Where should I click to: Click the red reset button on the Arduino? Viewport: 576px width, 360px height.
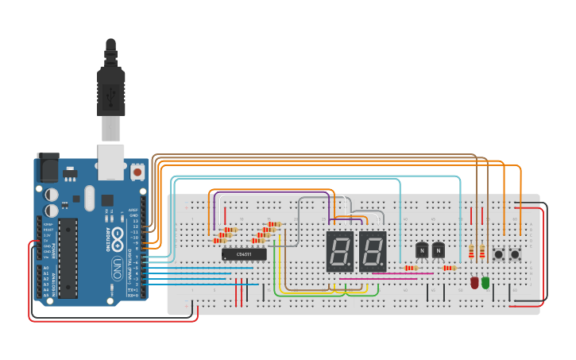tap(137, 171)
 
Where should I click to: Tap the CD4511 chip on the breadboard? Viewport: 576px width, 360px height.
tap(244, 254)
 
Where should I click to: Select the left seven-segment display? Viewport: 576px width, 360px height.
tap(339, 252)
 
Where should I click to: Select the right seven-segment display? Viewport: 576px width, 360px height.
tap(373, 252)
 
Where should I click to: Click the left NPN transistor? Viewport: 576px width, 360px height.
tap(420, 250)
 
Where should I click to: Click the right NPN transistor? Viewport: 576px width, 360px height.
tap(438, 250)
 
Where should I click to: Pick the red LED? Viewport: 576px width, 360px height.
tap(474, 282)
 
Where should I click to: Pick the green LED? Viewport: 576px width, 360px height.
tap(485, 282)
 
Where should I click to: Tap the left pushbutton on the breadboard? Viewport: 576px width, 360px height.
tap(499, 254)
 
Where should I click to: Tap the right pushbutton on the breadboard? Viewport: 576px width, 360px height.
tap(516, 254)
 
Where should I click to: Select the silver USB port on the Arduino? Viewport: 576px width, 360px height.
tap(110, 159)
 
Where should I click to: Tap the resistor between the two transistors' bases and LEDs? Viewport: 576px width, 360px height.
tap(449, 268)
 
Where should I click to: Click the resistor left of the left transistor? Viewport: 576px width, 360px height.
tap(410, 268)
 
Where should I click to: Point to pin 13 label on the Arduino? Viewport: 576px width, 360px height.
tap(134, 221)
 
